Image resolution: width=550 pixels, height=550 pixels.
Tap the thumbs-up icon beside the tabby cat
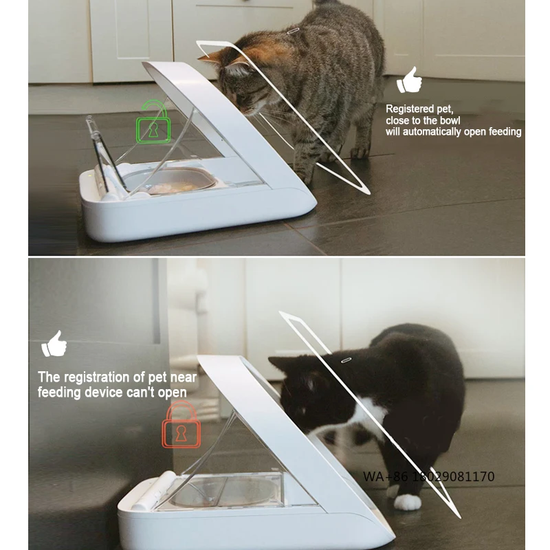click(410, 80)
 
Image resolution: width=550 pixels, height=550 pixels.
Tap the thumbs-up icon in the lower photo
click(54, 344)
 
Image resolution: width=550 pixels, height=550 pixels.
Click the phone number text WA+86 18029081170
click(428, 476)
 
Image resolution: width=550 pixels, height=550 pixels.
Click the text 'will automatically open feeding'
click(453, 131)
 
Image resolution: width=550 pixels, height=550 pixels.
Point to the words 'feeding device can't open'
click(112, 391)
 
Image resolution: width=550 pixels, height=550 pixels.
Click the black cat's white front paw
click(407, 502)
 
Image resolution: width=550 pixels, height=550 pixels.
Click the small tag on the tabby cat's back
click(294, 30)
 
